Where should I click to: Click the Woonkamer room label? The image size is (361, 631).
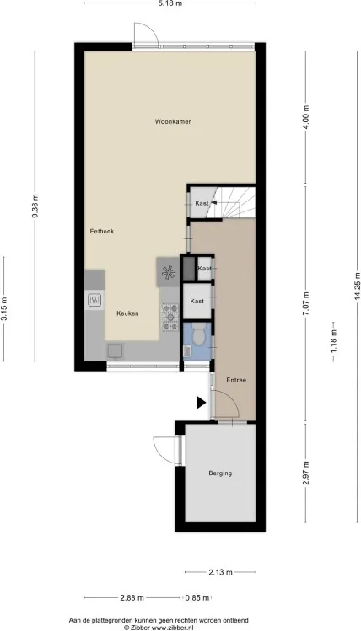pyautogui.click(x=173, y=121)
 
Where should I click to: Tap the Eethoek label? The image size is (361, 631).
pyautogui.click(x=102, y=231)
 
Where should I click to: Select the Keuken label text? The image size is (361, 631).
pyautogui.click(x=127, y=313)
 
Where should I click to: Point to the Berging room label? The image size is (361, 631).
pyautogui.click(x=220, y=473)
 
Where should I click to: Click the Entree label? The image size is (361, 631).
pyautogui.click(x=236, y=380)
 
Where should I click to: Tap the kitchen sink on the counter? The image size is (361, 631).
pyautogui.click(x=95, y=300)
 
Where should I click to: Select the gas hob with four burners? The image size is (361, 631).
pyautogui.click(x=170, y=317)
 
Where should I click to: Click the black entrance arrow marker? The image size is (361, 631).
pyautogui.click(x=202, y=403)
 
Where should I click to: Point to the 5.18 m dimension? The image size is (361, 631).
pyautogui.click(x=170, y=3)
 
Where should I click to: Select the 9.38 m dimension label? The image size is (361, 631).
pyautogui.click(x=35, y=206)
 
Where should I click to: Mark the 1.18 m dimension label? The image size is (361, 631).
pyautogui.click(x=333, y=342)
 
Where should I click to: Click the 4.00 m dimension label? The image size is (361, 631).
pyautogui.click(x=306, y=117)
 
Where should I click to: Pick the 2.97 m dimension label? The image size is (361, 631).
pyautogui.click(x=306, y=474)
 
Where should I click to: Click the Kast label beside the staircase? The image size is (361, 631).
pyautogui.click(x=202, y=203)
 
